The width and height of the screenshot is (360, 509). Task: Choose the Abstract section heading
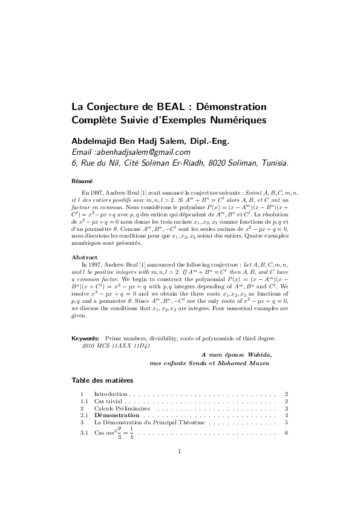pyautogui.click(x=85, y=257)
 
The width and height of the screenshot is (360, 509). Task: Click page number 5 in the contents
pyautogui.click(x=286, y=423)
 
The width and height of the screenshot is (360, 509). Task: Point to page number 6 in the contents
pyautogui.click(x=286, y=433)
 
